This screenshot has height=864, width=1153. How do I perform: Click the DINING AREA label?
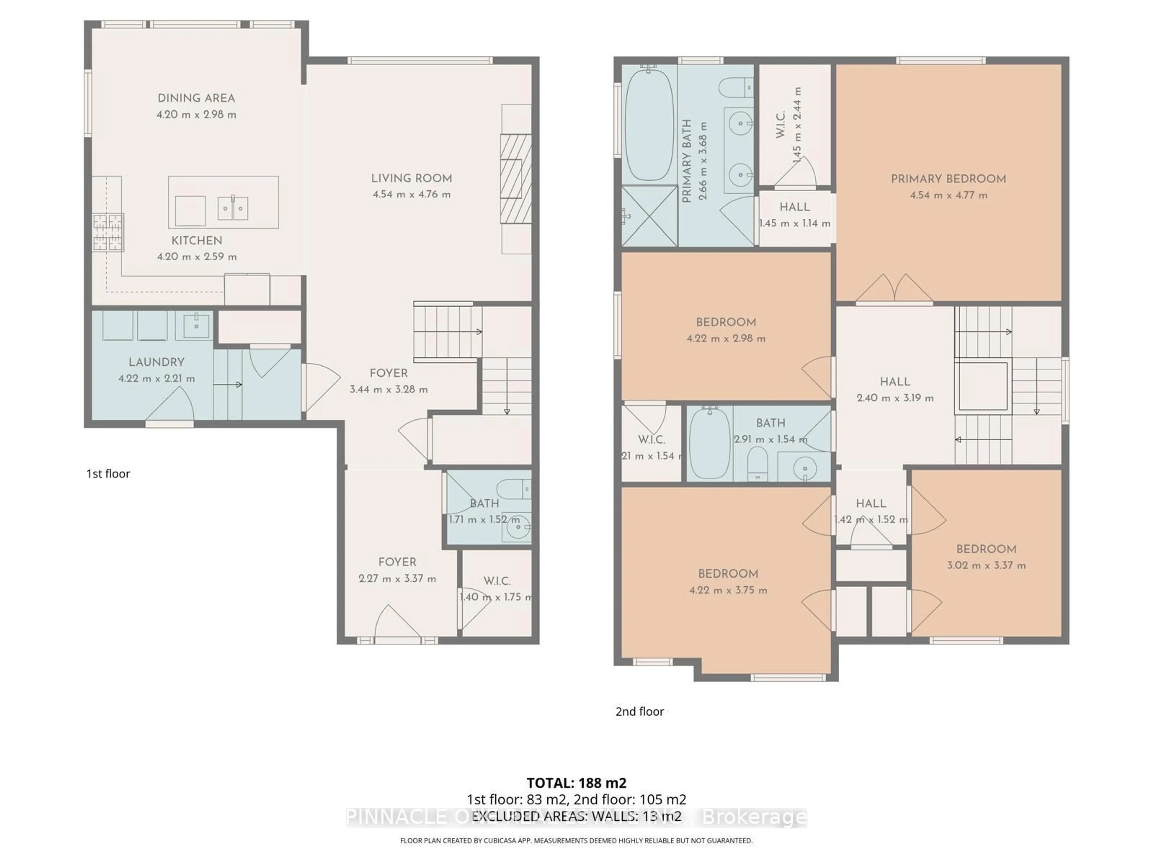click(196, 98)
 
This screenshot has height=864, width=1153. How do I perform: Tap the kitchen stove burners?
click(108, 232)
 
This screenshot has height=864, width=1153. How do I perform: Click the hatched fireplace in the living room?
click(516, 178)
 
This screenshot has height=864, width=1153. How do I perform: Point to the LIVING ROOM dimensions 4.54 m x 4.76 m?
click(411, 194)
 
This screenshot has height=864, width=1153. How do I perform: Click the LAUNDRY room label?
click(156, 362)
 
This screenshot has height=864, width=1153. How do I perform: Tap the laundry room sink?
click(196, 326)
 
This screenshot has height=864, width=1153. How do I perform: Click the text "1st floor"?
click(108, 473)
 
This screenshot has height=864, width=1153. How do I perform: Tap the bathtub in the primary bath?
click(649, 125)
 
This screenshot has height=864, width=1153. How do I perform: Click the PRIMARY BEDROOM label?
click(948, 178)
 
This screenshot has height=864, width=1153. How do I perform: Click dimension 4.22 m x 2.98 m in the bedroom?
click(725, 338)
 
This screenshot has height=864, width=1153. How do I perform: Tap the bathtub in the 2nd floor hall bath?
click(710, 443)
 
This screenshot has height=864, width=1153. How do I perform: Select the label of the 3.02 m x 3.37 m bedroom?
click(986, 549)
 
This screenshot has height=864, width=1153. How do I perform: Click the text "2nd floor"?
click(640, 711)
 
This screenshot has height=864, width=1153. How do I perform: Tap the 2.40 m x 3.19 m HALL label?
click(895, 382)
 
